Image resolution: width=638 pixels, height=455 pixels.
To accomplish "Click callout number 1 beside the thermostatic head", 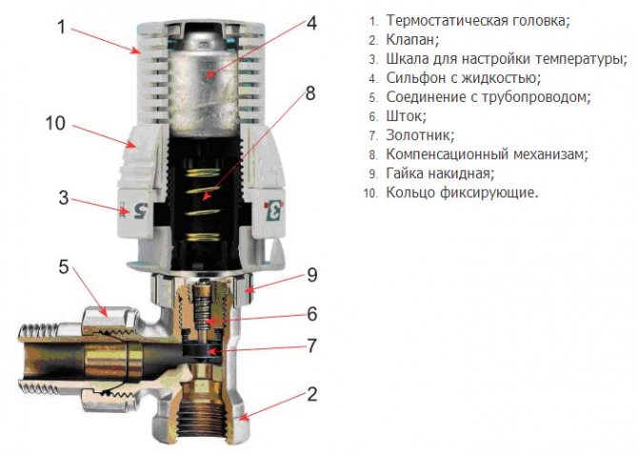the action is (x=62, y=27).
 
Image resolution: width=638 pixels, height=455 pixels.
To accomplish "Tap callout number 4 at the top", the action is (x=311, y=23).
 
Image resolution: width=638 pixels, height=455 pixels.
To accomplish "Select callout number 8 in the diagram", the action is (x=310, y=93).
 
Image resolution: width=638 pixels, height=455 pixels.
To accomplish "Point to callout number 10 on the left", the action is (x=55, y=123).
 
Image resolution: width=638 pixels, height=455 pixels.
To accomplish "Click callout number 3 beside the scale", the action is (x=64, y=198).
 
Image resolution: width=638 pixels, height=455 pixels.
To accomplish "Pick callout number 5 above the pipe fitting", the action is (x=64, y=267).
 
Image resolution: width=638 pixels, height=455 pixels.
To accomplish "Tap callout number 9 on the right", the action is (x=312, y=275).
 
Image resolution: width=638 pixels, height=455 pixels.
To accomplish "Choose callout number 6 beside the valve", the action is (x=312, y=314).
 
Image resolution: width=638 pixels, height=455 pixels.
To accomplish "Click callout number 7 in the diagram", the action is (x=311, y=346).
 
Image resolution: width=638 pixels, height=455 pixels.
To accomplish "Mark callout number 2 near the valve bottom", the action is (x=311, y=394).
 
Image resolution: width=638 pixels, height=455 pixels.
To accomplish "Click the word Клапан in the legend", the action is (x=412, y=40).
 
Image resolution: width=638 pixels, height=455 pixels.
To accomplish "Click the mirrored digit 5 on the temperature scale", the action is (x=140, y=210).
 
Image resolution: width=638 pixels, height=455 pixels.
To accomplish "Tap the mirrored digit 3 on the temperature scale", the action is (x=274, y=211).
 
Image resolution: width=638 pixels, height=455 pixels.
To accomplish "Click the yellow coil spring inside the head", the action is (x=203, y=204).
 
